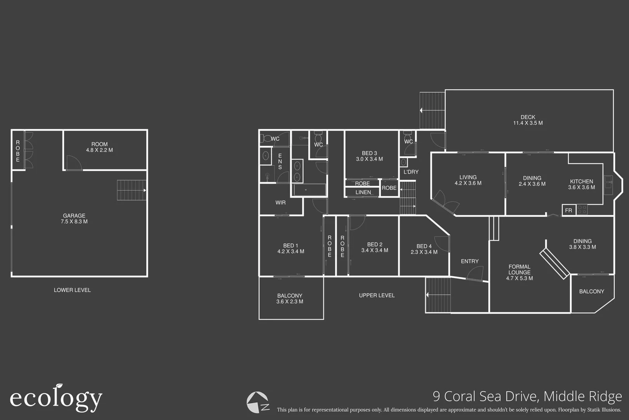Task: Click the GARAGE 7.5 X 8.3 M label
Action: [x=74, y=219]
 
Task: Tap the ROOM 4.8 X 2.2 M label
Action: [x=99, y=147]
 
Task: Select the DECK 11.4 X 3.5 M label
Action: [x=528, y=120]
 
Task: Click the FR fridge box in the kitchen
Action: [x=568, y=210]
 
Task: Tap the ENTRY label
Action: [x=469, y=261]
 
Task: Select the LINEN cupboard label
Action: [x=363, y=192]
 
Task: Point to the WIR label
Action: [x=280, y=203]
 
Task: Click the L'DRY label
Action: [x=411, y=172]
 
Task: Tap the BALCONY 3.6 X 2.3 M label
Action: [x=290, y=298]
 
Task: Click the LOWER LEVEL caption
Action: [x=72, y=290]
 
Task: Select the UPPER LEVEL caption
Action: [x=377, y=296]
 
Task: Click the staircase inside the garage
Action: [x=132, y=190]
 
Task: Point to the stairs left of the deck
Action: [x=432, y=110]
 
